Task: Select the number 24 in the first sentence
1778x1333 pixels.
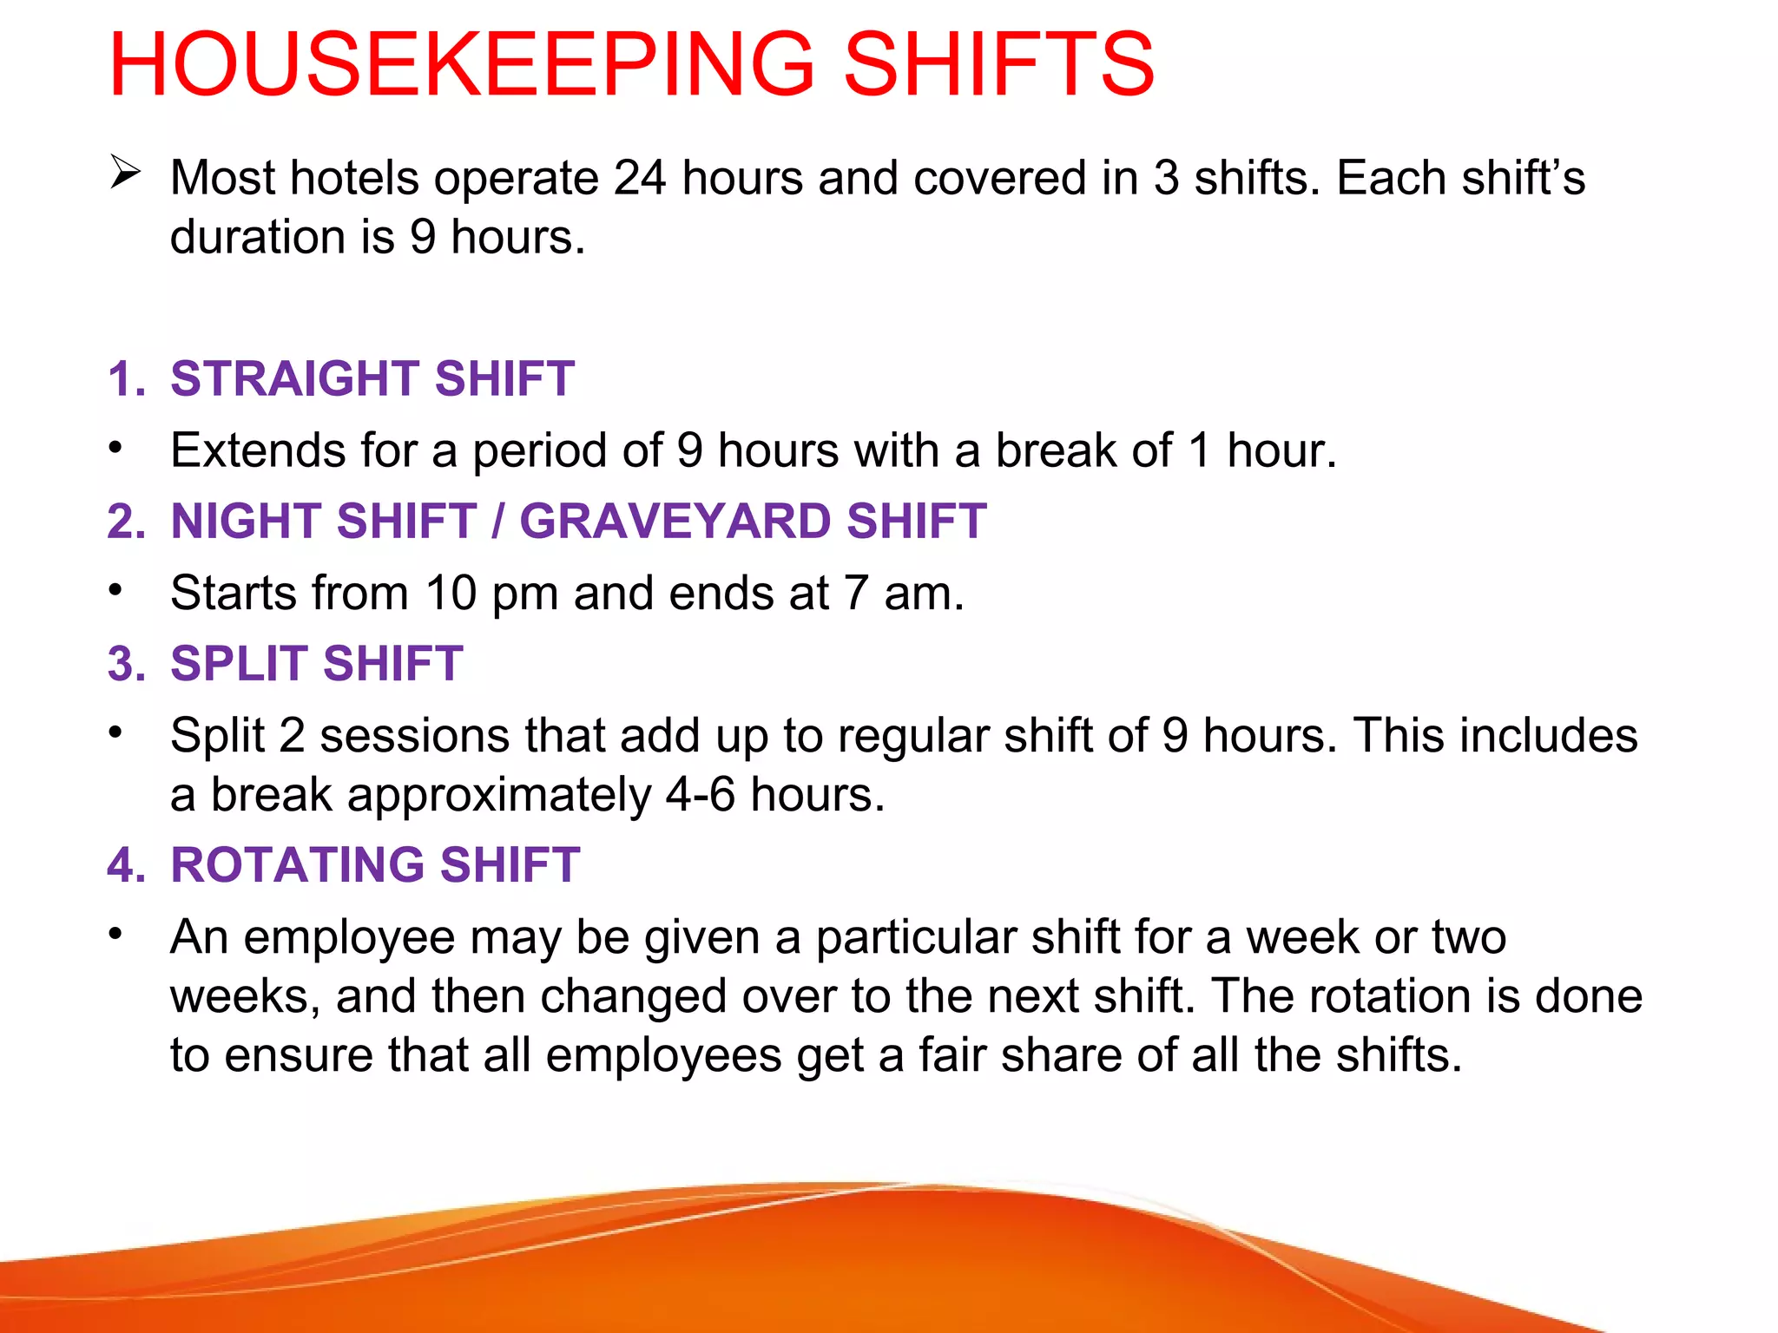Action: [640, 178]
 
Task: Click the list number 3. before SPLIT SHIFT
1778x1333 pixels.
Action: [127, 664]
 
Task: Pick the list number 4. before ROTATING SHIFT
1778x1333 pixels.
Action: [127, 865]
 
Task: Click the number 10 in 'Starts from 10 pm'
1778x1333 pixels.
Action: [451, 593]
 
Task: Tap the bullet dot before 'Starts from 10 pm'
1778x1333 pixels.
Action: [115, 590]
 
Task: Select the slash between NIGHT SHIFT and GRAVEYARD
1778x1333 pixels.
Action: [497, 522]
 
